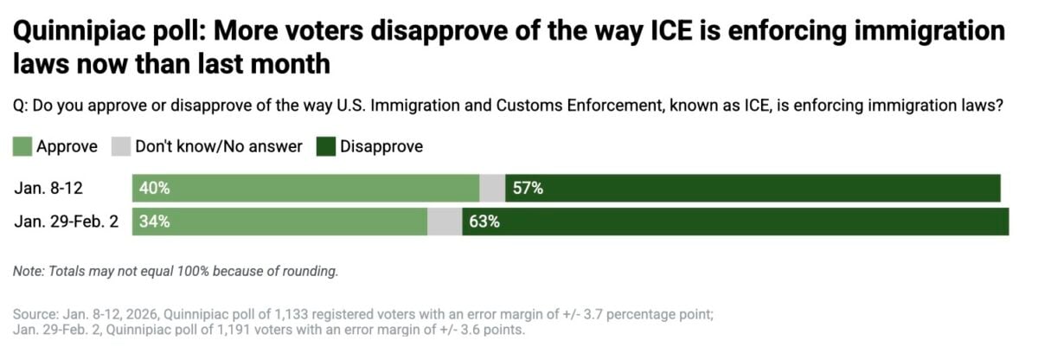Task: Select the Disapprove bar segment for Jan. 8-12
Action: pos(753,188)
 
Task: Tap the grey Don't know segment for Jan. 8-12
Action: pos(492,188)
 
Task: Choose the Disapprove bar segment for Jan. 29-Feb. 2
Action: pos(735,221)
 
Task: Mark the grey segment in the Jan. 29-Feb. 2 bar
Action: pos(445,221)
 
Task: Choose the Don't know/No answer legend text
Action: pos(219,146)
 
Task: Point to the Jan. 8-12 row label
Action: pos(48,188)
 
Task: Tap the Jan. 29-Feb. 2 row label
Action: pos(67,221)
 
